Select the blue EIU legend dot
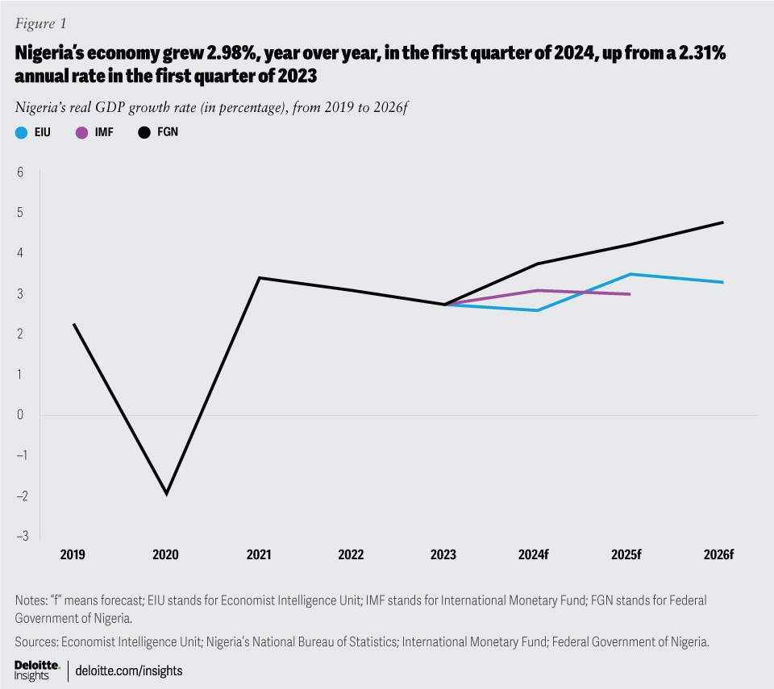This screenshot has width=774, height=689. tap(21, 131)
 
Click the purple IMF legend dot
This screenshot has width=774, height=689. tap(80, 131)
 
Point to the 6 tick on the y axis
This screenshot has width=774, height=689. tap(20, 172)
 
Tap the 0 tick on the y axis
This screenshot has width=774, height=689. tap(20, 415)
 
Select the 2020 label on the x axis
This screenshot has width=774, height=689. tap(166, 555)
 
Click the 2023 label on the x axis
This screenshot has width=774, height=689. tap(443, 555)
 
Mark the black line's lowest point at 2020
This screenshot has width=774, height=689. tap(167, 494)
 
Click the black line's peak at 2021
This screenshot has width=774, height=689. tap(259, 278)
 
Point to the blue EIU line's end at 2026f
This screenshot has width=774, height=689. tap(722, 282)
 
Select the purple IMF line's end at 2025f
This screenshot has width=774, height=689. tap(630, 294)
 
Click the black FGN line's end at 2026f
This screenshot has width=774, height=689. tap(722, 222)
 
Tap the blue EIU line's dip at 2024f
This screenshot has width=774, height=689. tap(537, 310)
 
